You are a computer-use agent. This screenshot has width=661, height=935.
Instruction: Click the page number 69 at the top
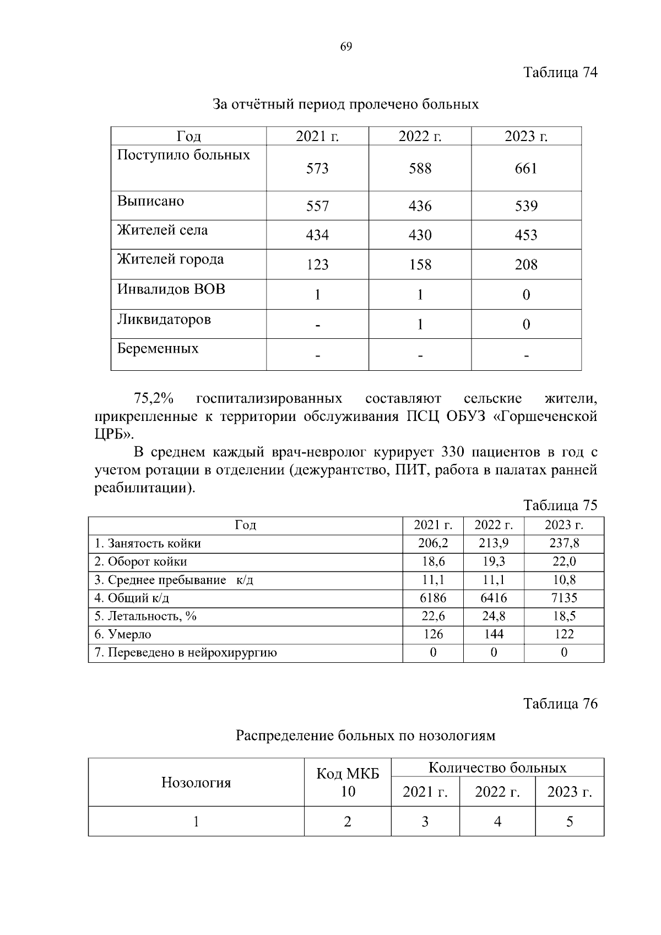[346, 47]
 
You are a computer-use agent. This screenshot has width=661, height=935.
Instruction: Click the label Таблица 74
[560, 73]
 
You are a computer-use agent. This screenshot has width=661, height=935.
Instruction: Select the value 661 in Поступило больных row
[525, 169]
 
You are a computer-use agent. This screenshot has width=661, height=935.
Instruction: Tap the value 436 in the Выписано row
[420, 207]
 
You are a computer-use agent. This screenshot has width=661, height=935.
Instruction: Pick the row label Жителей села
[162, 230]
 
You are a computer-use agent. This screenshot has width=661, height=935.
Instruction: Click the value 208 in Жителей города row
[525, 265]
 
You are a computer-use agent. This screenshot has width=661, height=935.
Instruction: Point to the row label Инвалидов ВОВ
[171, 289]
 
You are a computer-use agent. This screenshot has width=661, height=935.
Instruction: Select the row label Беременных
[158, 349]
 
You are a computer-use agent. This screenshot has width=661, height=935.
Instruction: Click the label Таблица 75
[560, 506]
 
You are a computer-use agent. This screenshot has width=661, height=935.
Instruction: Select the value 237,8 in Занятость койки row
[564, 544]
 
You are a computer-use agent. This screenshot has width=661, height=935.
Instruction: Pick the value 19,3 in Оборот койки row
[493, 562]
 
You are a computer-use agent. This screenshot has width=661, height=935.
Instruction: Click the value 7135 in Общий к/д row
[564, 598]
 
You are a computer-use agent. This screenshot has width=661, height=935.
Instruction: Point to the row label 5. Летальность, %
[145, 617]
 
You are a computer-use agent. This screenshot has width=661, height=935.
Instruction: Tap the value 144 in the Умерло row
[493, 635]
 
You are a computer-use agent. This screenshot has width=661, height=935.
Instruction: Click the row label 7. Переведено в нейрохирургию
[186, 653]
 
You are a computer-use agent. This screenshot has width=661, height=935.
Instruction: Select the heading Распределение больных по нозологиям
[365, 736]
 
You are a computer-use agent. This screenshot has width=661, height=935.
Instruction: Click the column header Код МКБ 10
[348, 783]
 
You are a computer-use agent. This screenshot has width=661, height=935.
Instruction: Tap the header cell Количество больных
[497, 768]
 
